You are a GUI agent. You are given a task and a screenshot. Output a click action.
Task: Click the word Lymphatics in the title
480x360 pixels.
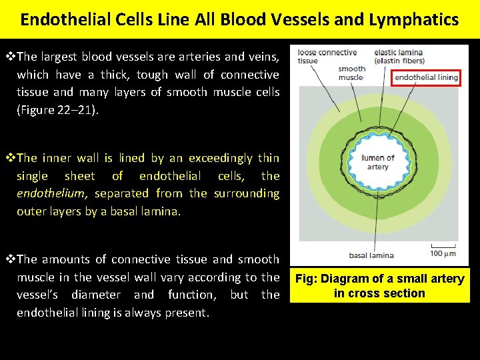coord(419,19)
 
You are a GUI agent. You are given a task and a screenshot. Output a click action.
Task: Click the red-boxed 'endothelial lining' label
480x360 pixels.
coord(426,77)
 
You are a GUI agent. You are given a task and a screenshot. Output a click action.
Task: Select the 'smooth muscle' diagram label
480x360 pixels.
coord(351,73)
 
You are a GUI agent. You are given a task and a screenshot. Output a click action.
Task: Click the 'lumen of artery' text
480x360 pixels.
coord(377,162)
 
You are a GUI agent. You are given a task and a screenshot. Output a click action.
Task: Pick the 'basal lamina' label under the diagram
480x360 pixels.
coord(371,255)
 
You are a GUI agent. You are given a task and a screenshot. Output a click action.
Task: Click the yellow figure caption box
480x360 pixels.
coord(379,286)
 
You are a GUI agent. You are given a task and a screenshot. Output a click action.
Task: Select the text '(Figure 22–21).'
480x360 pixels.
coord(58,109)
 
